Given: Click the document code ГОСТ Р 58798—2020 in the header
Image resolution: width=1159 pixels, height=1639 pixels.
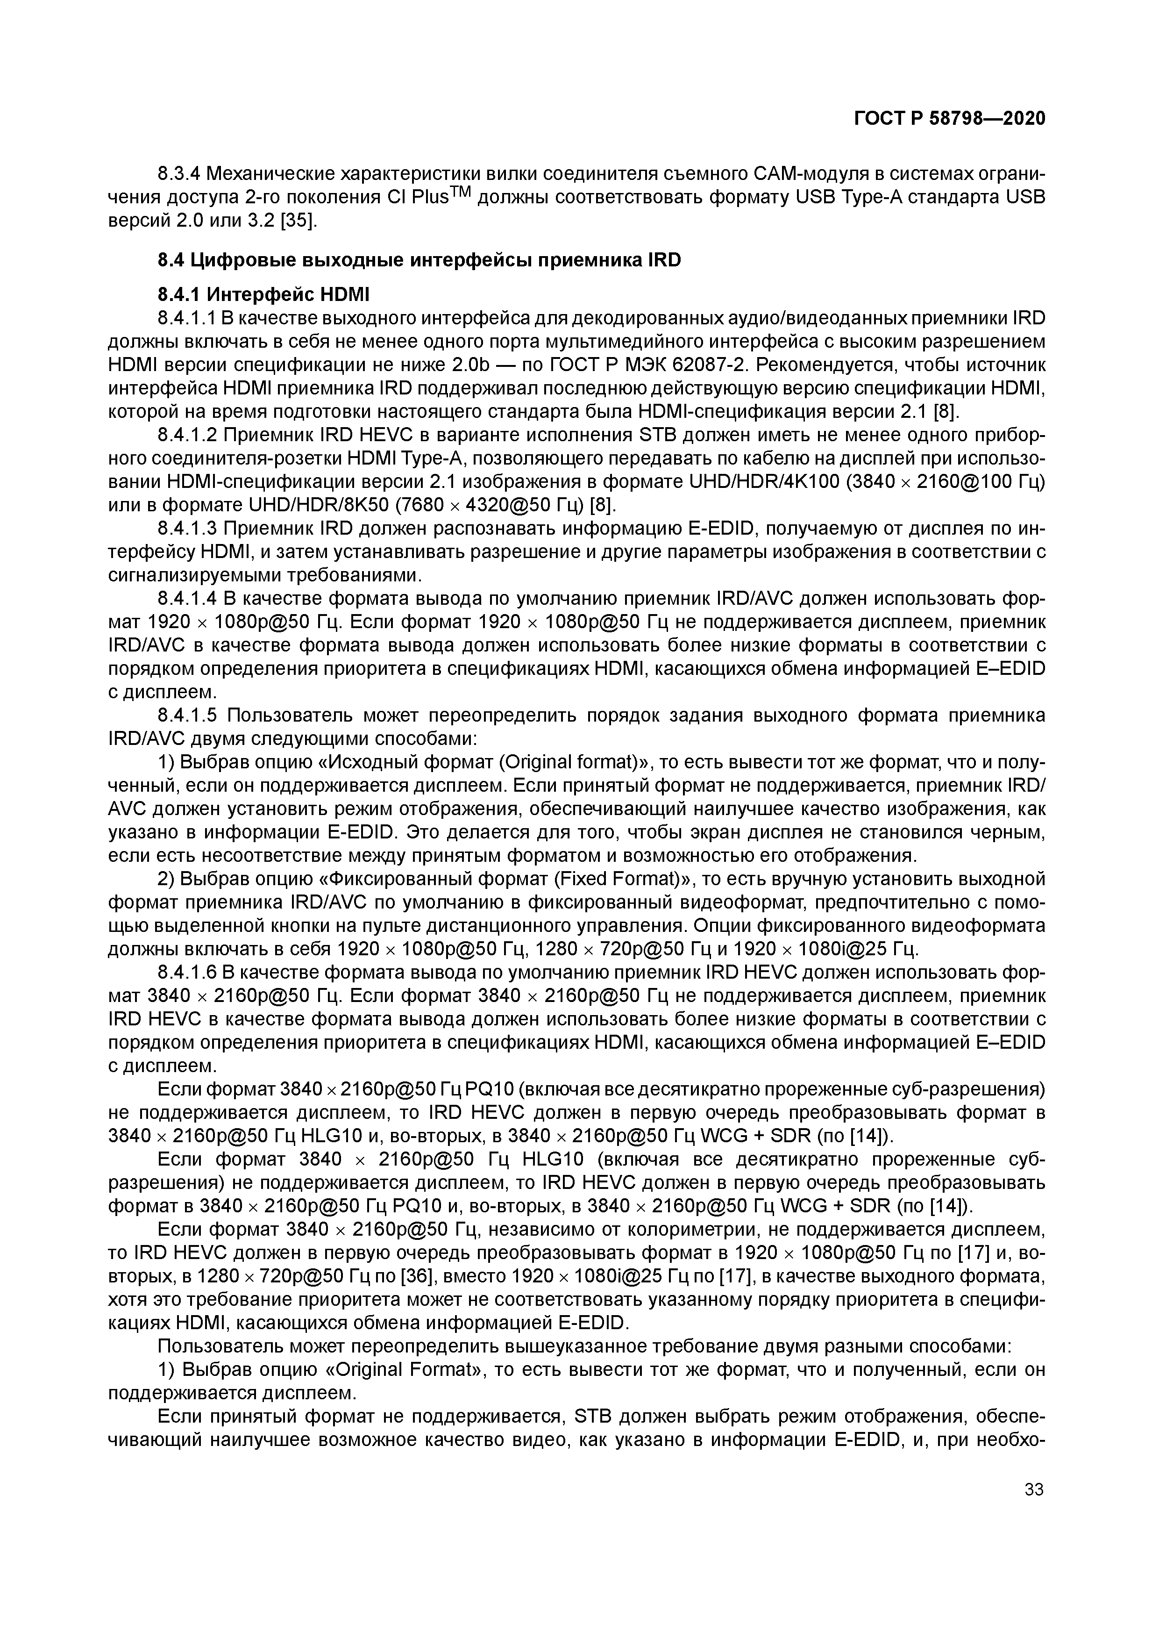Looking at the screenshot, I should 949,119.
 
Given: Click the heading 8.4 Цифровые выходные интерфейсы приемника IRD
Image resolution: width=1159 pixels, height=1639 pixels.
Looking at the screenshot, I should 419,260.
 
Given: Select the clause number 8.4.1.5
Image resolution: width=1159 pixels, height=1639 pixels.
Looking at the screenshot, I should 188,716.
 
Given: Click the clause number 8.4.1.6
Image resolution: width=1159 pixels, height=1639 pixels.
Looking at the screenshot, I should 188,972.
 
